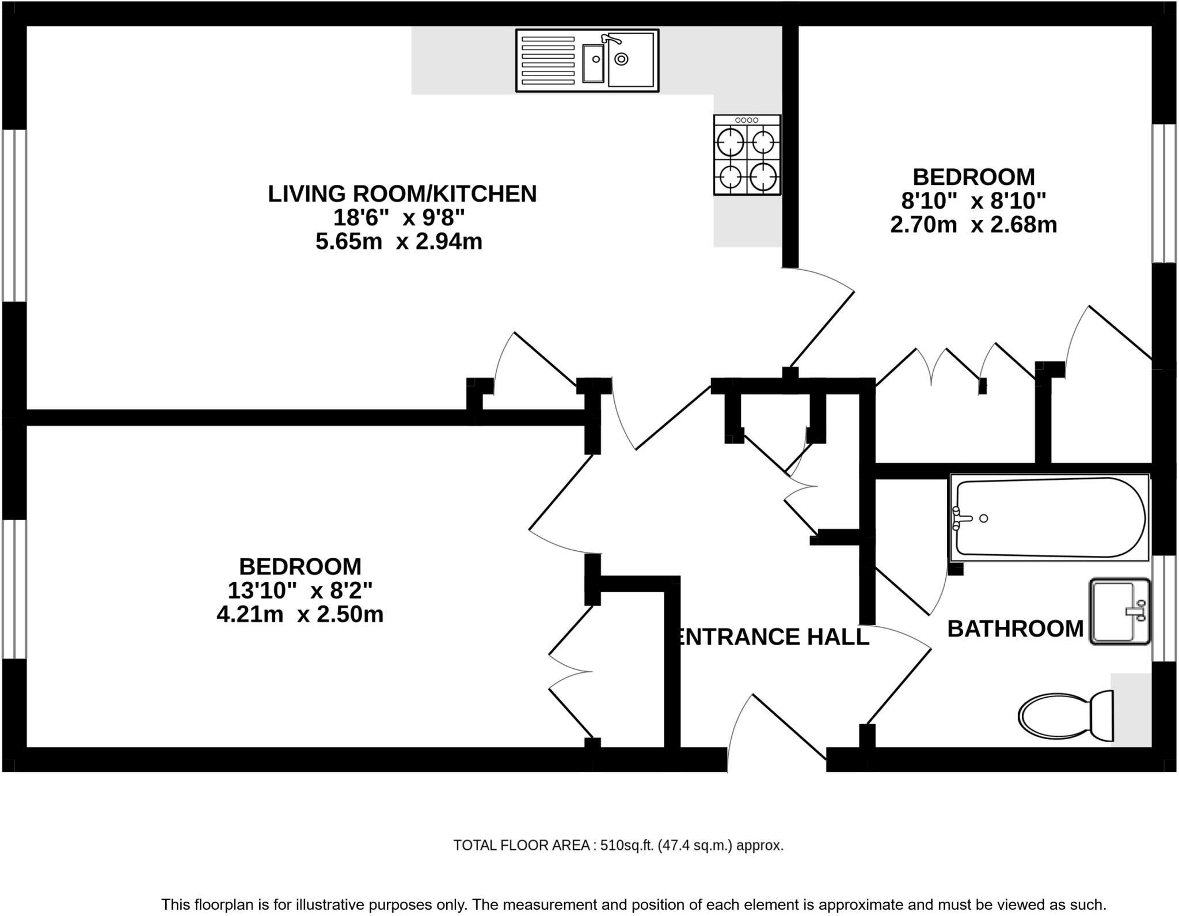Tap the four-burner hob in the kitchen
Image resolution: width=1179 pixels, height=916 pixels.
(747, 155)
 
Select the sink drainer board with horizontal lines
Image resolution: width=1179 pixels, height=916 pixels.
(547, 60)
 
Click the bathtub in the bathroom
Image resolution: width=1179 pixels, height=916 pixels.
(1049, 517)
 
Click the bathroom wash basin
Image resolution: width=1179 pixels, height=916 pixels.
(1119, 611)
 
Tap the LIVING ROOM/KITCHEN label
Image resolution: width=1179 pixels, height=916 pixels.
(402, 194)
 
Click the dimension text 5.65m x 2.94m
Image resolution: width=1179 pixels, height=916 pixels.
(398, 241)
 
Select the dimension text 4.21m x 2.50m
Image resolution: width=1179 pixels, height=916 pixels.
(300, 614)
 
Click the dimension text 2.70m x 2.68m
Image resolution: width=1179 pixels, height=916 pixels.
(973, 224)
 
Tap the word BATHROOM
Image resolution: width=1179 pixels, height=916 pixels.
(1015, 629)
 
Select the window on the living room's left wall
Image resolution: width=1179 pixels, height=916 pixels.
(14, 215)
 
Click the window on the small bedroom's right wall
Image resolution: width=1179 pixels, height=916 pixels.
(1163, 193)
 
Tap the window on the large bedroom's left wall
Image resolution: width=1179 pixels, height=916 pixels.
(14, 589)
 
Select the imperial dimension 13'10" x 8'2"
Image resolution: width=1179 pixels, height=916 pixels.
(300, 591)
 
